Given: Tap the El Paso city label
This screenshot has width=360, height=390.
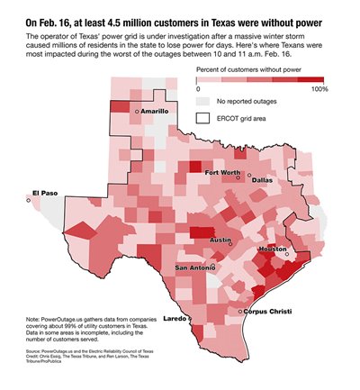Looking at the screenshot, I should pos(43,193).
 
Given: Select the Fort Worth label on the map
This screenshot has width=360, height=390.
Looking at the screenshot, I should pos(222,172).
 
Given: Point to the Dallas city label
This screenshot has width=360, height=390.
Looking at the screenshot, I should pos(262,180).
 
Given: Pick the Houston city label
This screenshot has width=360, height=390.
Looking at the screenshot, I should pos(272,249).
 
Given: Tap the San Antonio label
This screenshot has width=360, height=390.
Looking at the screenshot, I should pos(194,268).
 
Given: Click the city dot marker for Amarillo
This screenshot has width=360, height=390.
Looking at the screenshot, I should pos(136,111).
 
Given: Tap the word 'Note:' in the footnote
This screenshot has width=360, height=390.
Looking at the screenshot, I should pos(35,320).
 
